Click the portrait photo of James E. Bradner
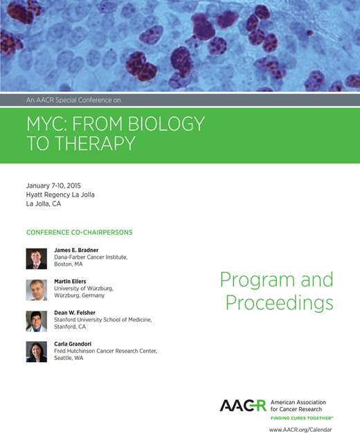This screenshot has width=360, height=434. [36, 258]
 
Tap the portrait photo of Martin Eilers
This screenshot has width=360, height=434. [36, 289]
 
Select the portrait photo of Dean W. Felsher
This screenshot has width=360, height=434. [36, 320]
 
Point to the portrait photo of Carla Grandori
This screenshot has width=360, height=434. [36, 352]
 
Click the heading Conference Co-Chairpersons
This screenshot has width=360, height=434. [79, 232]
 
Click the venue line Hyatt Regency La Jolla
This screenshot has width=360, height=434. [60, 195]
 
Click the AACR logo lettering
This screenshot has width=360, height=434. [243, 406]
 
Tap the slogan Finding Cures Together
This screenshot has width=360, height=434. [302, 419]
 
